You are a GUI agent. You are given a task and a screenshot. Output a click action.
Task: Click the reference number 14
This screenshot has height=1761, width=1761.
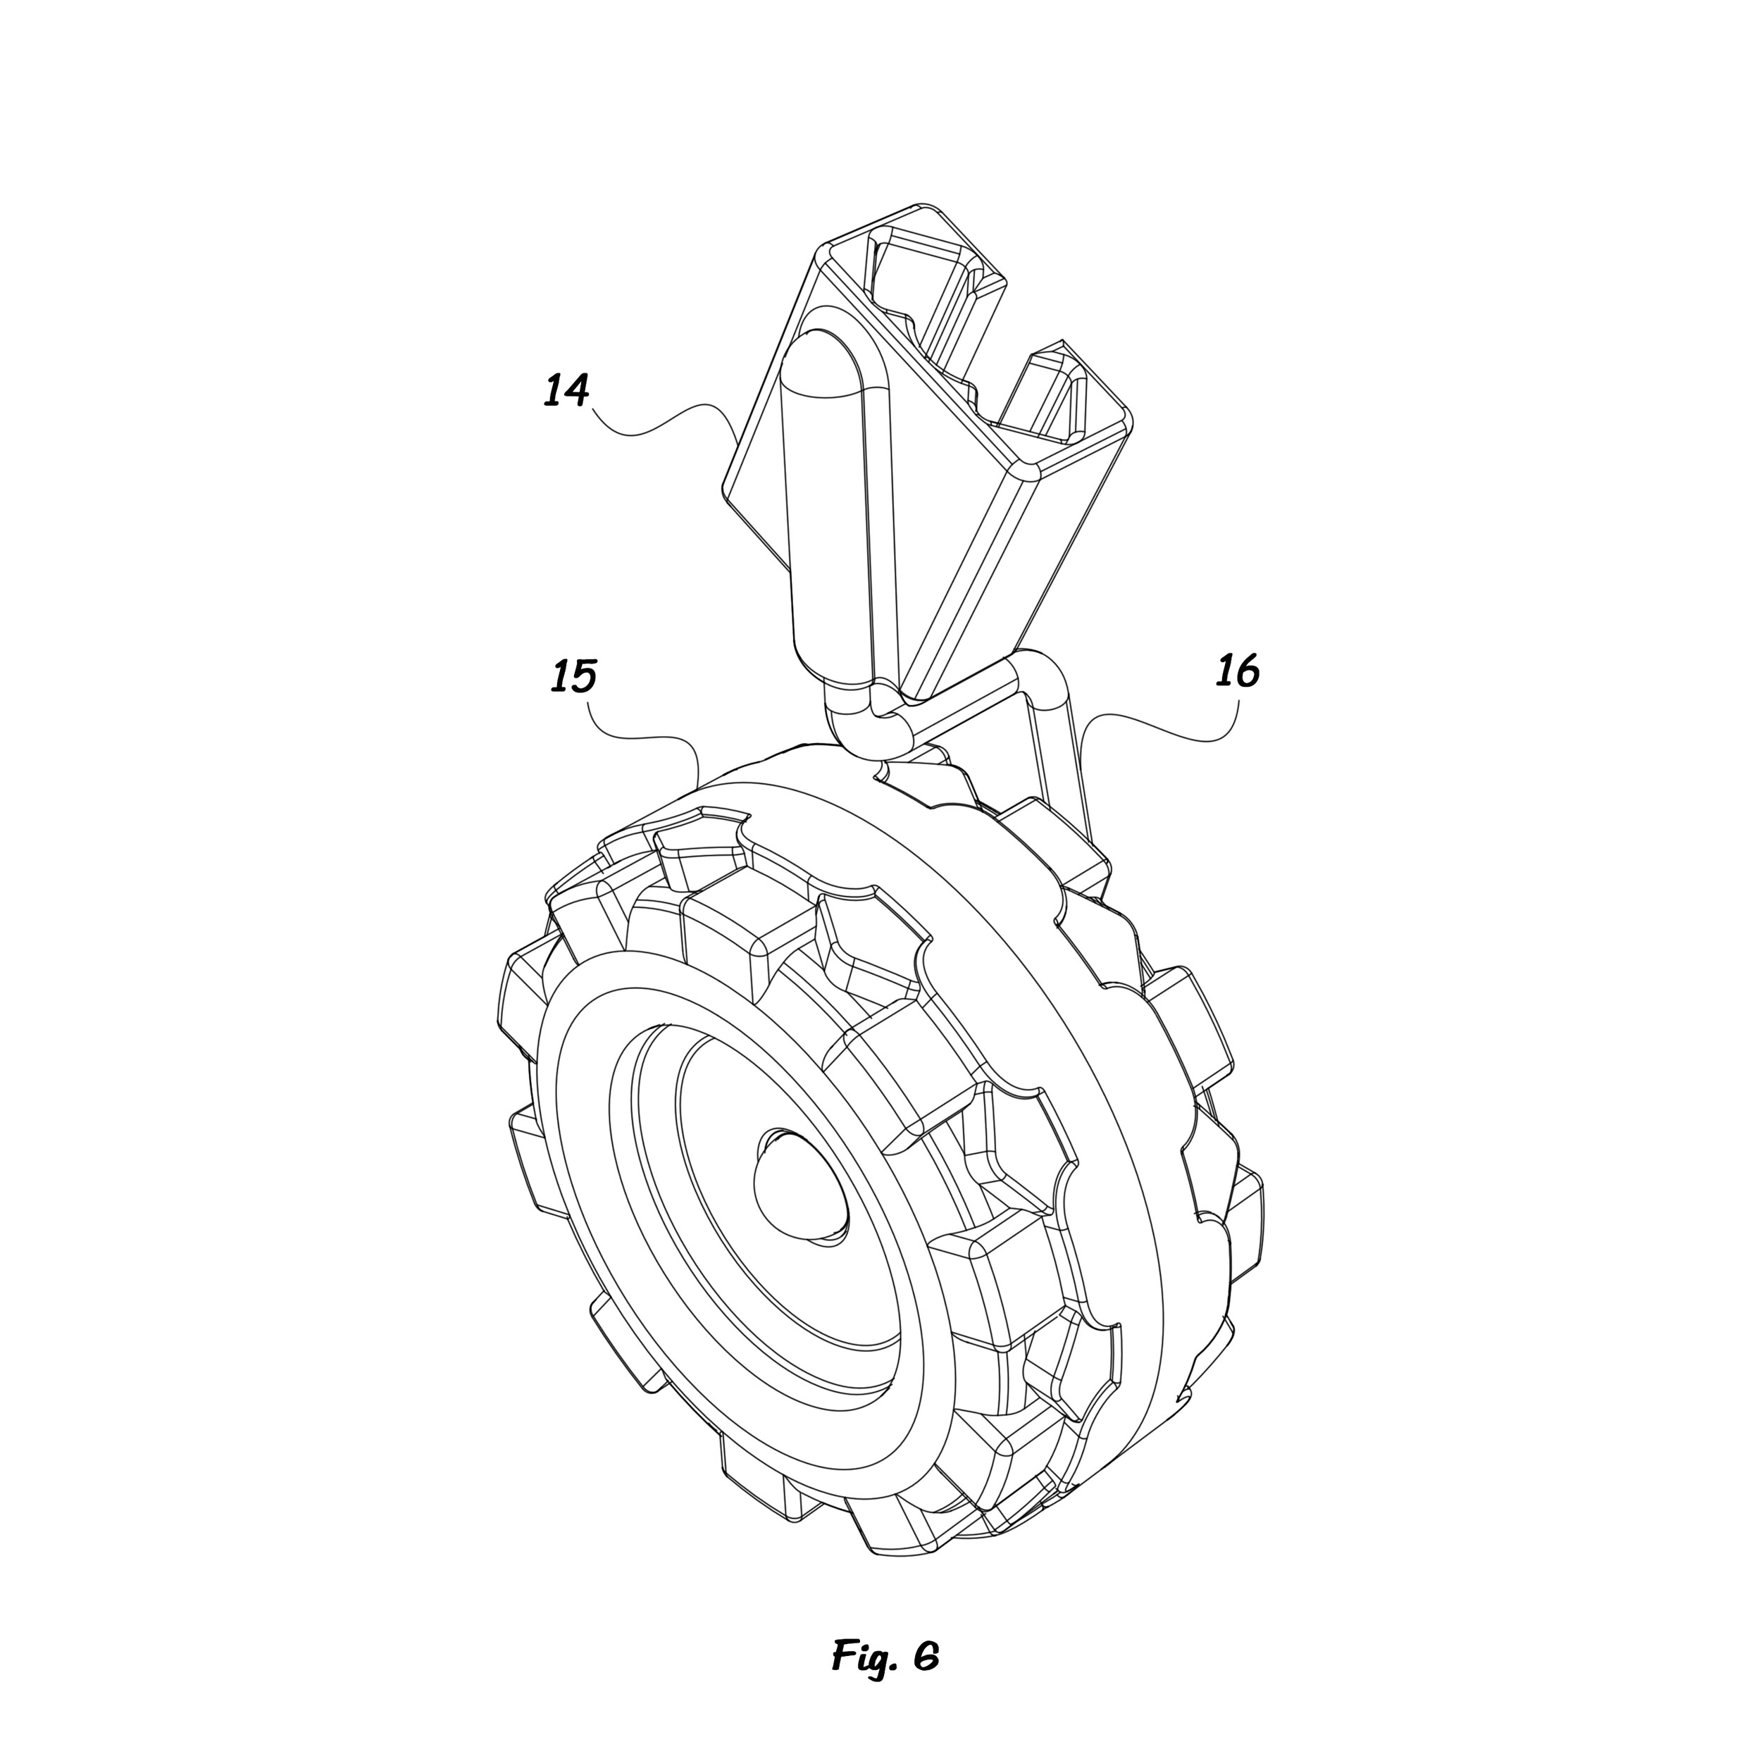point(567,390)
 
